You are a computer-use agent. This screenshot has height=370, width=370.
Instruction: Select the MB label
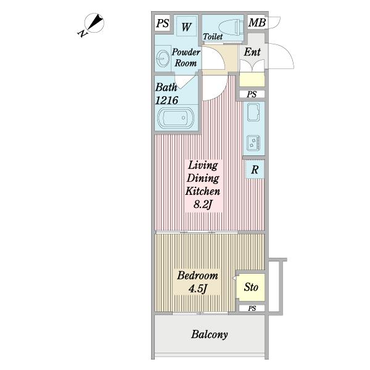tap(257, 24)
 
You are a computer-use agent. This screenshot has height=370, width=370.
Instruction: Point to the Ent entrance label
tap(252, 52)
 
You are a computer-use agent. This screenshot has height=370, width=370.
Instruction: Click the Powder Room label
tap(186, 57)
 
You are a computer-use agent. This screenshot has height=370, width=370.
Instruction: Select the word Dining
tap(202, 178)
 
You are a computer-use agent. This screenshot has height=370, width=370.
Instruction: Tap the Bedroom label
tap(197, 275)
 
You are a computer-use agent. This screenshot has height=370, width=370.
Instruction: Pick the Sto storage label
tap(251, 287)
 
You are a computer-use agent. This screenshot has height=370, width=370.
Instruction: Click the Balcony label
tap(210, 335)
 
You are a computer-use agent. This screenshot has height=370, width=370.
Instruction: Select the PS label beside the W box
tap(163, 24)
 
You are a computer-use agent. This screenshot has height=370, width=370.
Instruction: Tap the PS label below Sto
tap(252, 308)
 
